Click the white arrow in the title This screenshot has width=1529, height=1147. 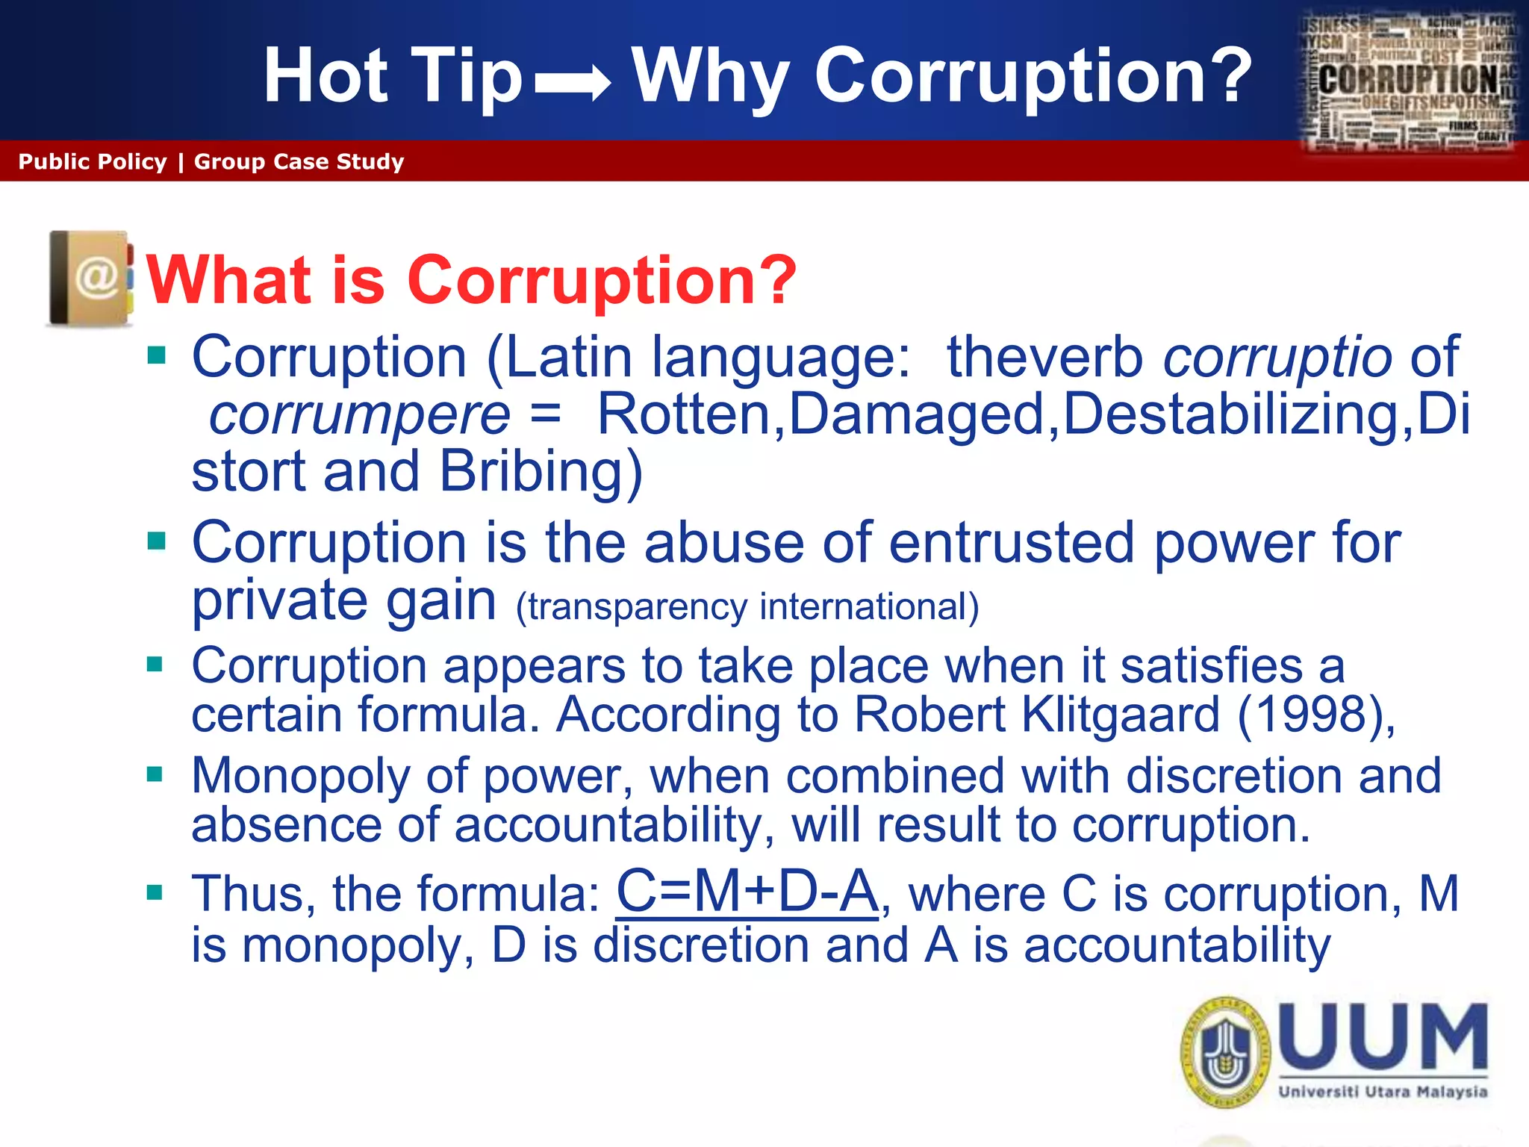point(573,82)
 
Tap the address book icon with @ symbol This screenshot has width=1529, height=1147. point(90,279)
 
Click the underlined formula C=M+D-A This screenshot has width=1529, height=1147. point(747,892)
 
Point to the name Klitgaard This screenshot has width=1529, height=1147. point(1120,715)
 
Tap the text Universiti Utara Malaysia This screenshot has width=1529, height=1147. point(1383,1092)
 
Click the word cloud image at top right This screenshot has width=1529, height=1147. point(1410,81)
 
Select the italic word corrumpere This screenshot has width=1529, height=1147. point(359,415)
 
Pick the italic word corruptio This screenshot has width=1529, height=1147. point(1277,357)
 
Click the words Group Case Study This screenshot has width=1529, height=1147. point(299,162)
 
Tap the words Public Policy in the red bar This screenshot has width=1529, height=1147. point(93,162)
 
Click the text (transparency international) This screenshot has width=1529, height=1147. point(747,606)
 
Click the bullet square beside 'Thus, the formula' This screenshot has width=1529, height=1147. point(155,892)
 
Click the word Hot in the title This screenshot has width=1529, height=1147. point(326,76)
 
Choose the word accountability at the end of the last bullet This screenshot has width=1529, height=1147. point(1177,945)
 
